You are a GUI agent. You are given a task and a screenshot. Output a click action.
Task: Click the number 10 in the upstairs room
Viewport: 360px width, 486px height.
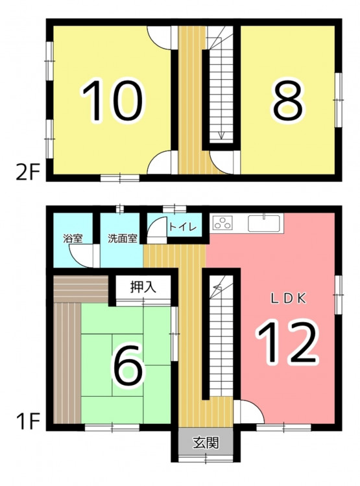tap(113, 100)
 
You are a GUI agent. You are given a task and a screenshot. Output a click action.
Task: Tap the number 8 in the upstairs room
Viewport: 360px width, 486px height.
tap(287, 100)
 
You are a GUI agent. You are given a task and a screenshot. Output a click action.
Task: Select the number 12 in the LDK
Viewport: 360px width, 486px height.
tap(287, 342)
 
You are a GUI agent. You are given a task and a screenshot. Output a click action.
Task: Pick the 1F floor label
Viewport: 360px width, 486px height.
tap(28, 422)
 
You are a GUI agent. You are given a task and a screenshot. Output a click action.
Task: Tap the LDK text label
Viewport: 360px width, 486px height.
tap(289, 299)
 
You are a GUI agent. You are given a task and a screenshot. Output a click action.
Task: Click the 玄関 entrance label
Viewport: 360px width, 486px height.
tap(206, 443)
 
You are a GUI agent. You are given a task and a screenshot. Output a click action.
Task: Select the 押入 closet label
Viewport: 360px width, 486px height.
tap(143, 287)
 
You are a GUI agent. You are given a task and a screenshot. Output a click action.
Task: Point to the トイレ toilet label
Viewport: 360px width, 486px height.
tap(182, 227)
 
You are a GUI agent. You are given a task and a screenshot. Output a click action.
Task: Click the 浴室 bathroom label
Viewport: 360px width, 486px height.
tap(73, 238)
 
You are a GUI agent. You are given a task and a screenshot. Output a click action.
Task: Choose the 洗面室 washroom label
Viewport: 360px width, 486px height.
tap(123, 238)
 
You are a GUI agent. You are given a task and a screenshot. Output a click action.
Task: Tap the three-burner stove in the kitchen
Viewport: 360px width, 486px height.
tap(222, 223)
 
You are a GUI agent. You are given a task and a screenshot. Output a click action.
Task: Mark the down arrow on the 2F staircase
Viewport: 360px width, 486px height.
tap(221, 135)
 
